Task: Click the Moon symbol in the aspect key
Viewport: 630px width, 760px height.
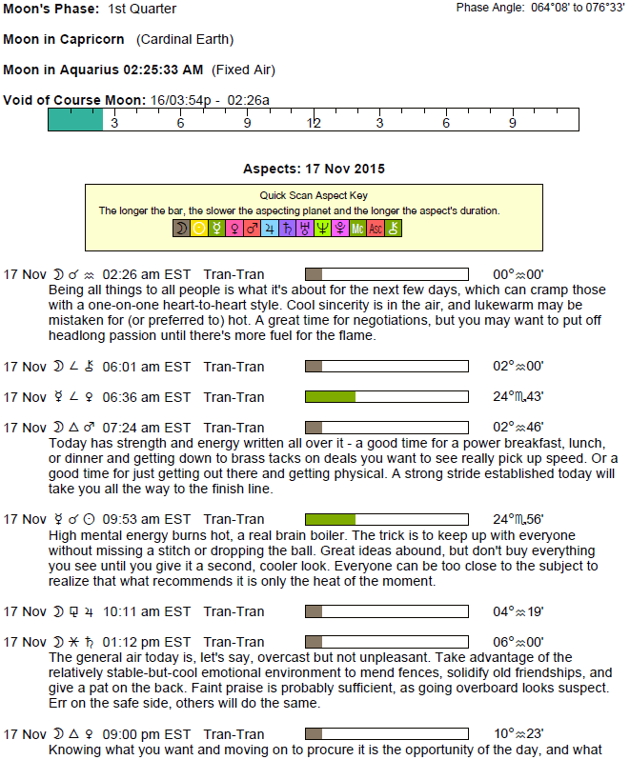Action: [181, 229]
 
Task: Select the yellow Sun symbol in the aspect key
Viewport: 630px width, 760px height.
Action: [199, 229]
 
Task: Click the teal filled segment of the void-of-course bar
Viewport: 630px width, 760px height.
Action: [75, 119]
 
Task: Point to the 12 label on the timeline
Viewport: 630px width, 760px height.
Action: [314, 123]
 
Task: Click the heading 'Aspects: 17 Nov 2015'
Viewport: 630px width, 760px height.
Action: [314, 169]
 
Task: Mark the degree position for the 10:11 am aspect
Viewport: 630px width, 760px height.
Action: [518, 611]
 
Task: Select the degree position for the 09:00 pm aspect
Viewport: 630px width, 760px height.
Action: [518, 734]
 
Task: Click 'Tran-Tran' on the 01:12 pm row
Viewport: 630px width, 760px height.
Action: [234, 642]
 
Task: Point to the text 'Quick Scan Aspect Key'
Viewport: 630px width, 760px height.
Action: [314, 195]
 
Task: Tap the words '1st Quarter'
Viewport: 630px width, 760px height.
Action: [142, 9]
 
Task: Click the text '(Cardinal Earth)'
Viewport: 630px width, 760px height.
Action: [185, 40]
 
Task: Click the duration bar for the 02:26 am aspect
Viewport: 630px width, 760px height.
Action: [386, 274]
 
